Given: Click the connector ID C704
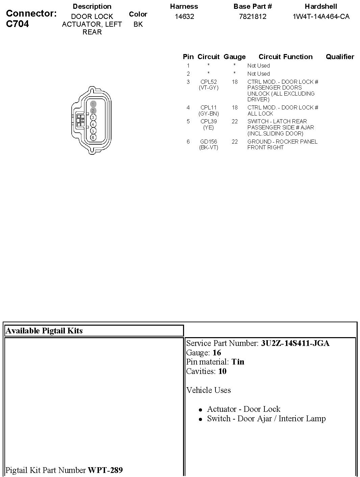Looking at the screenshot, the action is pyautogui.click(x=18, y=24).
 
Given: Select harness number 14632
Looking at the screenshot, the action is pyautogui.click(x=184, y=17).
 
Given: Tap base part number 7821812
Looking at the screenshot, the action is pyautogui.click(x=253, y=17).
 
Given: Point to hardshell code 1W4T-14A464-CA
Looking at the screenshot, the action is pyautogui.click(x=321, y=17).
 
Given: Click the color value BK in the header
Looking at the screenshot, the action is pyautogui.click(x=138, y=24).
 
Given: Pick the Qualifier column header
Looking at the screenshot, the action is pyautogui.click(x=340, y=57).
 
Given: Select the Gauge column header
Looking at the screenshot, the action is pyautogui.click(x=234, y=57).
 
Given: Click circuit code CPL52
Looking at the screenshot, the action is pyautogui.click(x=208, y=82).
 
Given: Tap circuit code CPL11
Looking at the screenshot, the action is pyautogui.click(x=208, y=107).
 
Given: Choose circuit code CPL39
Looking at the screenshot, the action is pyautogui.click(x=208, y=121).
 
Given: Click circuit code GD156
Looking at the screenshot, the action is pyautogui.click(x=208, y=142).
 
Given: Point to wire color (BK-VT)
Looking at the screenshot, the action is pyautogui.click(x=208, y=147).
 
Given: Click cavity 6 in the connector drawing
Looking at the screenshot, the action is pyautogui.click(x=93, y=137).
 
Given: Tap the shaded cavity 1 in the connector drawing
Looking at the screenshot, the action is pyautogui.click(x=93, y=104).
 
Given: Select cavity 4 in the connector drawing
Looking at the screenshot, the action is pyautogui.click(x=93, y=124).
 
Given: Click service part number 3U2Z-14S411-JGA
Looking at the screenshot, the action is pyautogui.click(x=295, y=343).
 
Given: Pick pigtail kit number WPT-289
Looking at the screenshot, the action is pyautogui.click(x=105, y=470).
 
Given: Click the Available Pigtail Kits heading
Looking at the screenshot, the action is pyautogui.click(x=44, y=331).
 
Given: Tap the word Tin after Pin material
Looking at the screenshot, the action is pyautogui.click(x=238, y=362).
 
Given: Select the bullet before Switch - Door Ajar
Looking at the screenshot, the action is pyautogui.click(x=200, y=419).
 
